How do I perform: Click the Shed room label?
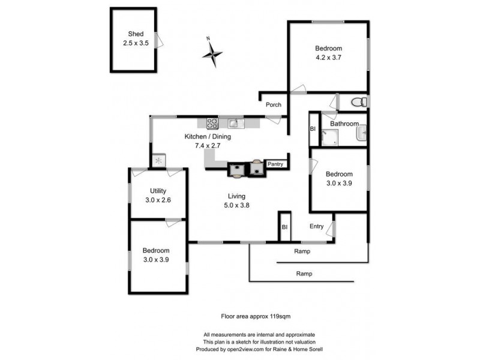click(136, 34)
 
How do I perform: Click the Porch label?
click(274, 105)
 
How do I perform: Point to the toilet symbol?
click(358, 101)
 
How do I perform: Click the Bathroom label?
click(344, 124)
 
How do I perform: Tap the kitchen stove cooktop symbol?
click(212, 124)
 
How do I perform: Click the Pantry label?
click(275, 163)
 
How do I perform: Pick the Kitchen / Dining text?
click(207, 136)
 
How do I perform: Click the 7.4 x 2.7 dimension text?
click(208, 145)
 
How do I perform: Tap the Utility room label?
click(158, 191)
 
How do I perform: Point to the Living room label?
click(236, 196)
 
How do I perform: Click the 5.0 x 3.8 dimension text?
click(236, 205)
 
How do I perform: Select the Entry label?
click(316, 226)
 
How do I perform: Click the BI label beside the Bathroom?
click(313, 129)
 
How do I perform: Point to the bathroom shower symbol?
click(329, 137)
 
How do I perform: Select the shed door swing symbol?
click(159, 40)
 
